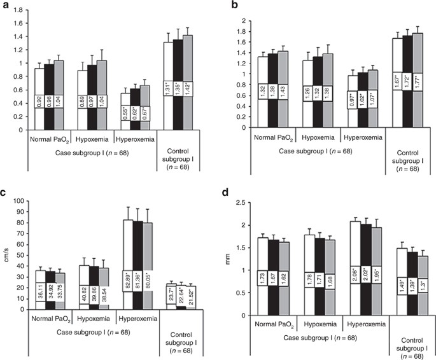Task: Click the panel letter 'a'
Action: (4, 5)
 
